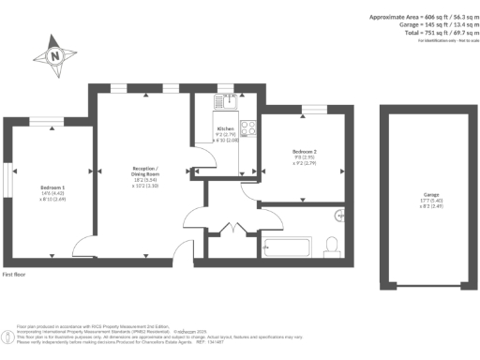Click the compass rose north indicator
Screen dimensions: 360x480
[x=55, y=55]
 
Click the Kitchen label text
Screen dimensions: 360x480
[x=225, y=128]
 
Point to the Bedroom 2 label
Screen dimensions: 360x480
[x=305, y=153]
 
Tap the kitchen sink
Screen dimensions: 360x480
[x=227, y=102]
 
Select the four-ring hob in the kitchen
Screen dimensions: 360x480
[x=250, y=128]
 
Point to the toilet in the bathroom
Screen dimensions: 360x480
[x=330, y=247]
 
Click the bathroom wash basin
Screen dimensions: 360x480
[x=338, y=215]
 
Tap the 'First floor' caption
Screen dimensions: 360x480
[x=16, y=275]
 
